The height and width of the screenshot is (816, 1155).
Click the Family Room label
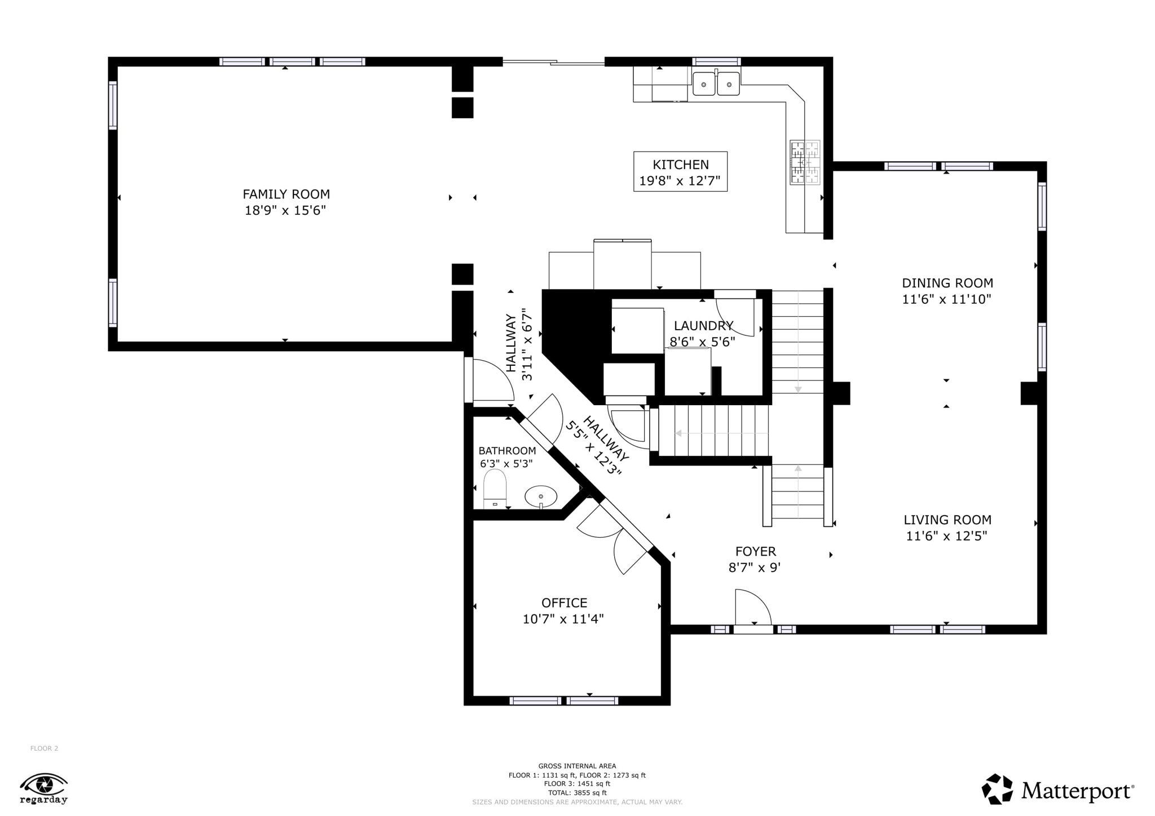286,194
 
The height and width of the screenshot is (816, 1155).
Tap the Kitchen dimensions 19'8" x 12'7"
680,181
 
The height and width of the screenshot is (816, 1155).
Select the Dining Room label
947,283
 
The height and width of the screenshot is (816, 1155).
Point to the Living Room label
947,520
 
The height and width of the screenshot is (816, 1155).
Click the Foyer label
756,551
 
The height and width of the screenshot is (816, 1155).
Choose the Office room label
564,603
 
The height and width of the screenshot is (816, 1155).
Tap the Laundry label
703,326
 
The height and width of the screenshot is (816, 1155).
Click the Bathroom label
507,451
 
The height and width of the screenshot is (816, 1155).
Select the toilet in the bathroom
495,489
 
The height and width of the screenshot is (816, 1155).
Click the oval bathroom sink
541,497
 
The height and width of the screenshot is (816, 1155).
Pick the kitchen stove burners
805,162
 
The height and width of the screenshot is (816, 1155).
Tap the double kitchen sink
716,84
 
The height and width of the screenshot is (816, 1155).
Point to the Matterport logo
1057,790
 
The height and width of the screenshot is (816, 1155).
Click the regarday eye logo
44,788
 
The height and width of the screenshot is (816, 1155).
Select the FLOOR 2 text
44,748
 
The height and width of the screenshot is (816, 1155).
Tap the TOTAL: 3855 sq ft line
577,792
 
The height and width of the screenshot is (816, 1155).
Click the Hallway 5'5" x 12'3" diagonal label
597,446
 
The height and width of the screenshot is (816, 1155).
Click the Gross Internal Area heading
577,766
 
